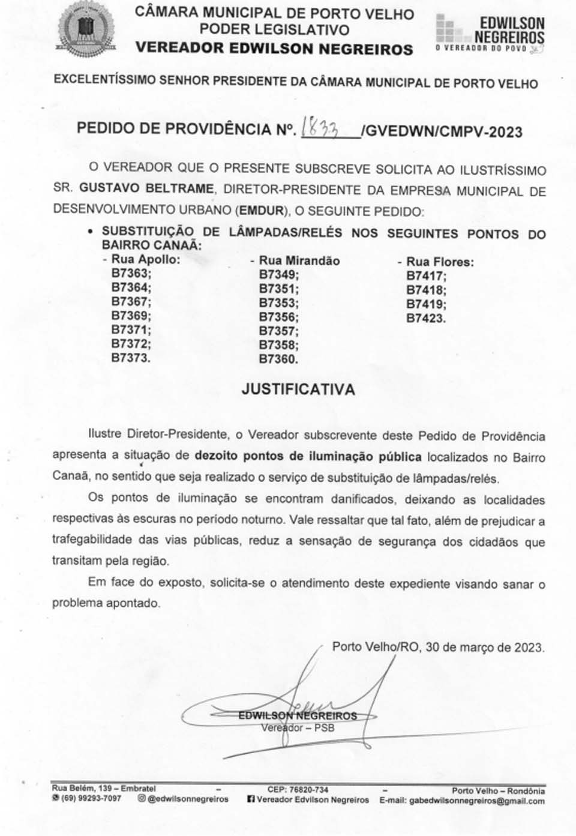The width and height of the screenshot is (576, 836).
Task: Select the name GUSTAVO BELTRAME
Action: (146, 188)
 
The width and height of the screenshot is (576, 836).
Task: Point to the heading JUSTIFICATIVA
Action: (298, 389)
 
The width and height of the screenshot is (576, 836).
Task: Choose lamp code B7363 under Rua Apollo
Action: (131, 273)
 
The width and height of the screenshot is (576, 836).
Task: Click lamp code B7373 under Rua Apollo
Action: (131, 358)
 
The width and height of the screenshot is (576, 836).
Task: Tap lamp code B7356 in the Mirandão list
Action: (278, 317)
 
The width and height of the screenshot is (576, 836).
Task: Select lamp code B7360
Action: (278, 359)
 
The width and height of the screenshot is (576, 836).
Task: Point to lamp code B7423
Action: (426, 318)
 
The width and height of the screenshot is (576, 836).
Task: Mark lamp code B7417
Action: (426, 276)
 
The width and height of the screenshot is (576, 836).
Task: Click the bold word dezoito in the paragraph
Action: (216, 456)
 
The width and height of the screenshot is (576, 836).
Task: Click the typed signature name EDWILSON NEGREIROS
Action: (298, 715)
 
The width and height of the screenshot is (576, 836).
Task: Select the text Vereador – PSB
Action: (298, 728)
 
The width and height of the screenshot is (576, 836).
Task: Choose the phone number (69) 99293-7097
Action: (90, 799)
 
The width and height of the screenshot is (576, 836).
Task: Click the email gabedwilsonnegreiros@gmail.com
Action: (477, 801)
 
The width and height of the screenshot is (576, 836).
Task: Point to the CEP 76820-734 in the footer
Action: (307, 790)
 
